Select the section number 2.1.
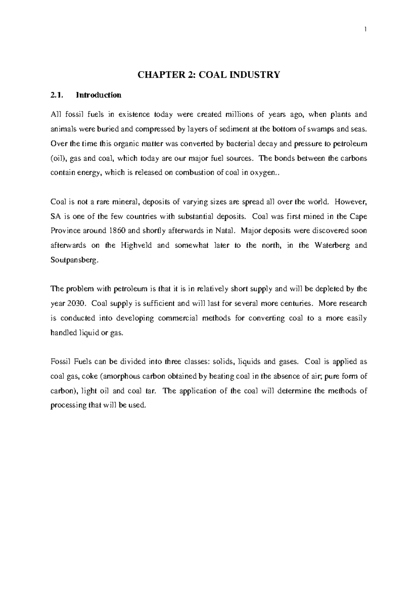coord(56,95)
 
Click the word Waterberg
coord(331,245)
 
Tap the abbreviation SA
coord(56,216)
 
